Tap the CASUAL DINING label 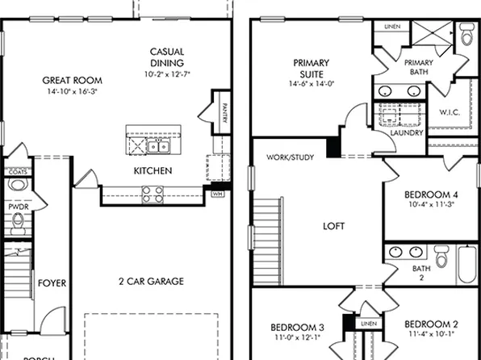(167, 57)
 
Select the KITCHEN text (153, 171)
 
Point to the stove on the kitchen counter (152, 192)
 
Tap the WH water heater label (217, 194)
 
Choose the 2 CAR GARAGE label (150, 282)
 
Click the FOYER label (52, 283)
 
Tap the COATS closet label (17, 172)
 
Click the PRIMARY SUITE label (311, 68)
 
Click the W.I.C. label (449, 112)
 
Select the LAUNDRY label (406, 133)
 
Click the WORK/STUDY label (290, 157)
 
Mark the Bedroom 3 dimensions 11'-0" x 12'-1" (297, 338)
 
